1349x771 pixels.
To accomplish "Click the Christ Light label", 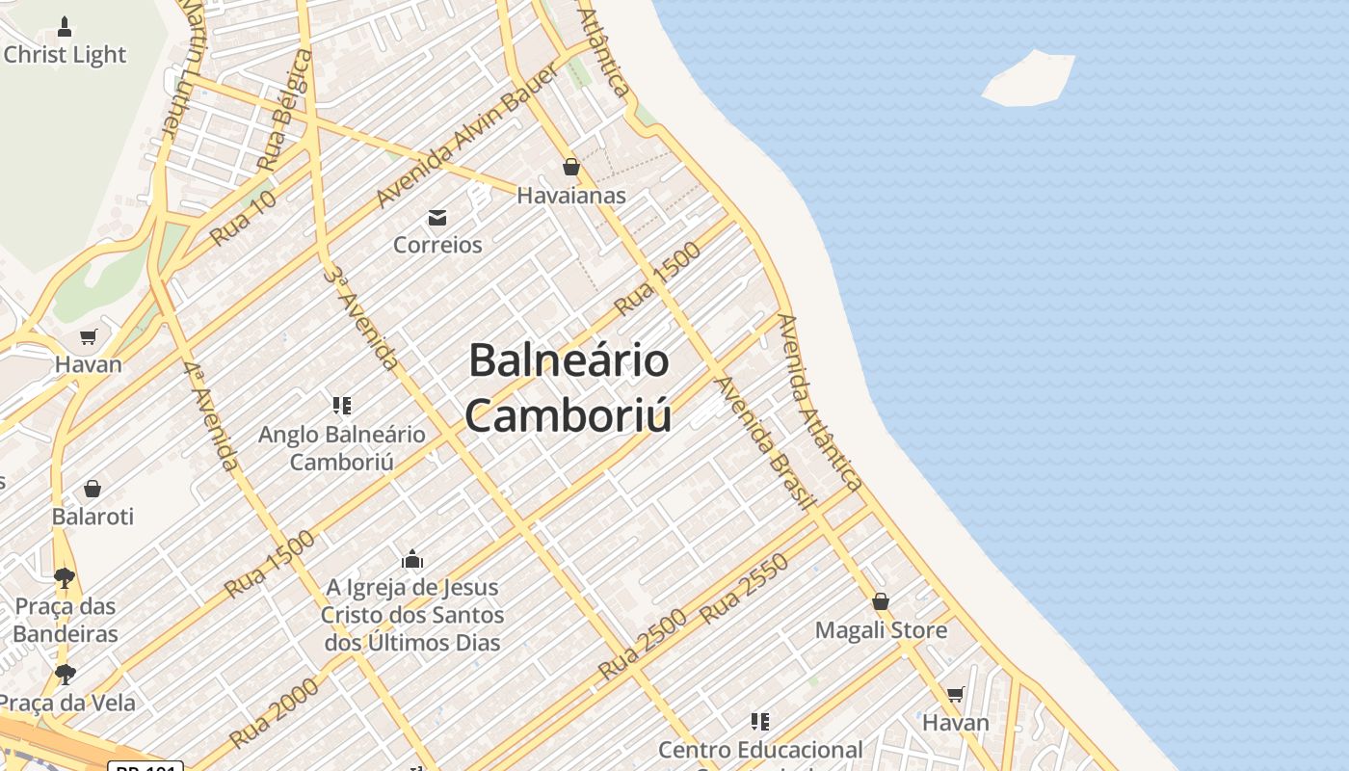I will (65, 55).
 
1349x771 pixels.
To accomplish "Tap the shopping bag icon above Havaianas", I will (571, 168).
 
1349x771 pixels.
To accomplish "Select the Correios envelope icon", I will (437, 217).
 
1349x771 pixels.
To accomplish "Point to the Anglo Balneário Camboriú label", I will (342, 448).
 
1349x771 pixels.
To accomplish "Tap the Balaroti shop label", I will (93, 517).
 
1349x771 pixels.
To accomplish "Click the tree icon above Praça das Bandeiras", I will (65, 578).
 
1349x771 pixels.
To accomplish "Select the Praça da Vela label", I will (67, 703).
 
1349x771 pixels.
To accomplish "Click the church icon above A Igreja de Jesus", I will (412, 559).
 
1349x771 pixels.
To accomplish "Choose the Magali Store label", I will (881, 630).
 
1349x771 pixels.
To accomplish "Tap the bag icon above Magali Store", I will (881, 602).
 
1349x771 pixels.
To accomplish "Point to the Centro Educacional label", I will (760, 749).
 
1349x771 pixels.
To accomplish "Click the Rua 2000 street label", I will (275, 714).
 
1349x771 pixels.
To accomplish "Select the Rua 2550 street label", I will (745, 588).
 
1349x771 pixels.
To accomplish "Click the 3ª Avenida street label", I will (360, 318).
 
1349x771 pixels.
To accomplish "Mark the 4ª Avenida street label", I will (211, 415).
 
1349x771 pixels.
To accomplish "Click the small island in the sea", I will (1029, 79).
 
